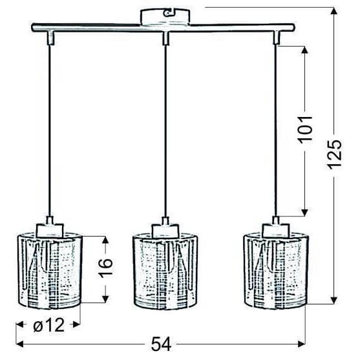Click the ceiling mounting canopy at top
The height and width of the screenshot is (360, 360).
(x=164, y=16)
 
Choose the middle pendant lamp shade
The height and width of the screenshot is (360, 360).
(x=164, y=270)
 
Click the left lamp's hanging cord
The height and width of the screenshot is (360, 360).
(x=49, y=129)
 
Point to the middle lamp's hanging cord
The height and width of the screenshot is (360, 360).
(x=165, y=129)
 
